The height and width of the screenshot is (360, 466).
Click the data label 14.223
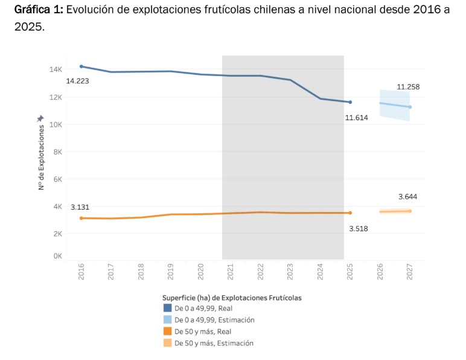pyautogui.click(x=77, y=80)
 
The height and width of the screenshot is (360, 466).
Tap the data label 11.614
pyautogui.click(x=356, y=117)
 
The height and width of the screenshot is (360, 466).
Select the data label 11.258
pyautogui.click(x=408, y=87)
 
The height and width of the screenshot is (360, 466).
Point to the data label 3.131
pyautogui.click(x=80, y=207)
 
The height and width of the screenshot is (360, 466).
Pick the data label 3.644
pyautogui.click(x=408, y=197)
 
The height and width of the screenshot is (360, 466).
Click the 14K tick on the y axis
pyautogui.click(x=56, y=69)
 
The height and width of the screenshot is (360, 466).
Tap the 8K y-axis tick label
pyautogui.click(x=57, y=152)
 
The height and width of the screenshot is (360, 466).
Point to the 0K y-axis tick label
pyautogui.click(x=57, y=256)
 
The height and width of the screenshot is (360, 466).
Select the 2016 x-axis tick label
pyautogui.click(x=81, y=271)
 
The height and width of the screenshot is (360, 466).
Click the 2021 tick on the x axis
pyautogui.click(x=231, y=271)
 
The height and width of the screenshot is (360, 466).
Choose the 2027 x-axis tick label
pyautogui.click(x=410, y=271)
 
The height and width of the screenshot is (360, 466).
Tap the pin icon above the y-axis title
pyautogui.click(x=40, y=118)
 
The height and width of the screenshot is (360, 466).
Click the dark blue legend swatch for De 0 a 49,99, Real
pyautogui.click(x=167, y=308)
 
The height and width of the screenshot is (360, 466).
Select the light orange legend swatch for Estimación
pyautogui.click(x=167, y=343)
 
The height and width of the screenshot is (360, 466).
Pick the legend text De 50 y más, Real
pyautogui.click(x=203, y=332)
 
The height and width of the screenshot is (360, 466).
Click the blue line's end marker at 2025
pyautogui.click(x=349, y=102)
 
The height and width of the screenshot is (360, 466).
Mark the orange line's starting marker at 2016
pyautogui.click(x=81, y=218)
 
